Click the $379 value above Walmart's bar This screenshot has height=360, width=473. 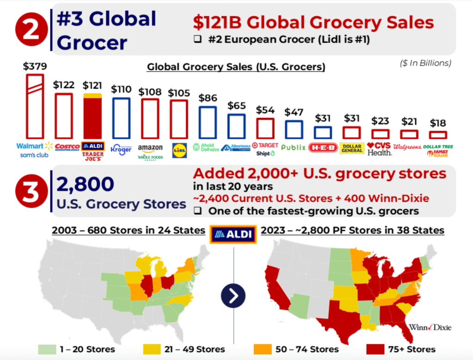coord(35,66)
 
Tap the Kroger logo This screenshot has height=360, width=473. coord(121,149)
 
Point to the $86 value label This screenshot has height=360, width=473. coord(208,98)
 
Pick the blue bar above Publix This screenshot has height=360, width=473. coord(294,129)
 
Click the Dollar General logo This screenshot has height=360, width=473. coord(352,147)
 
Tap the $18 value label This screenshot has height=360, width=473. coord(438,123)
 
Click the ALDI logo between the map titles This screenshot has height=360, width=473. coord(233,234)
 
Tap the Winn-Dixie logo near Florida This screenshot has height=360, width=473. coord(430,327)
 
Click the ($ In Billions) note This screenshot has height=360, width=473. coord(425,63)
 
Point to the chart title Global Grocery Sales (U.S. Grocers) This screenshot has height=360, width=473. coord(236,67)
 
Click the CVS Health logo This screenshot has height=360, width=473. coord(380,148)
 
